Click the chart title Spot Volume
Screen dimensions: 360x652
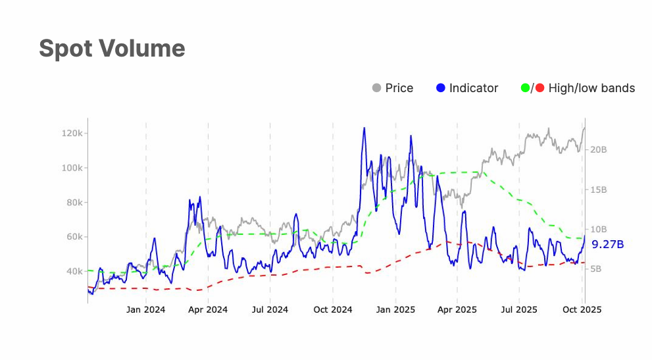(x=112, y=49)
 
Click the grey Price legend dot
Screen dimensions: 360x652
(x=377, y=88)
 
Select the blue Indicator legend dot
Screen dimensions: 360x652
(x=441, y=88)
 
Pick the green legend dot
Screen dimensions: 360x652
(x=525, y=88)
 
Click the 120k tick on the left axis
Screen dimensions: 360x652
(x=72, y=133)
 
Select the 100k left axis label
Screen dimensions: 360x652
(x=72, y=168)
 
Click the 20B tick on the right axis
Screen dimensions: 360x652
(x=599, y=150)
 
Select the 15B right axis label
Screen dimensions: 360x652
(x=599, y=190)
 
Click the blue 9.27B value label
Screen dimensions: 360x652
(x=607, y=244)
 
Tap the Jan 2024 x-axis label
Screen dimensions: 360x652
(x=146, y=309)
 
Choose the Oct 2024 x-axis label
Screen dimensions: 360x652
(x=333, y=309)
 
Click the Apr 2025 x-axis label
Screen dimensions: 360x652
(x=457, y=309)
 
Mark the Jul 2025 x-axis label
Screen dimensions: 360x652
(x=519, y=309)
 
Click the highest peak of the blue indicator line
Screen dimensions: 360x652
(x=364, y=128)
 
